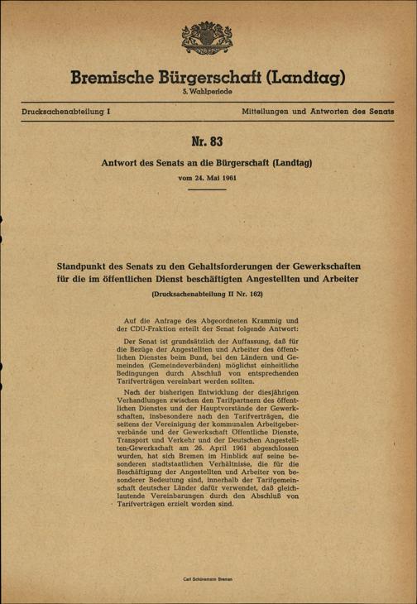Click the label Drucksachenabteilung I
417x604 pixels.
[x=65, y=110]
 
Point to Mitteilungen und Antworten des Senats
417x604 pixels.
[x=318, y=110]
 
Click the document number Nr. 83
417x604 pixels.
[x=208, y=142]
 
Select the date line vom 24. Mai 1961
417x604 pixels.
[x=208, y=177]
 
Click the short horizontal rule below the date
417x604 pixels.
[x=208, y=189]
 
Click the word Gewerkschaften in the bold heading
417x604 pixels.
[x=319, y=268]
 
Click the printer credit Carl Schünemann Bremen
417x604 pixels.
[x=208, y=574]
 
